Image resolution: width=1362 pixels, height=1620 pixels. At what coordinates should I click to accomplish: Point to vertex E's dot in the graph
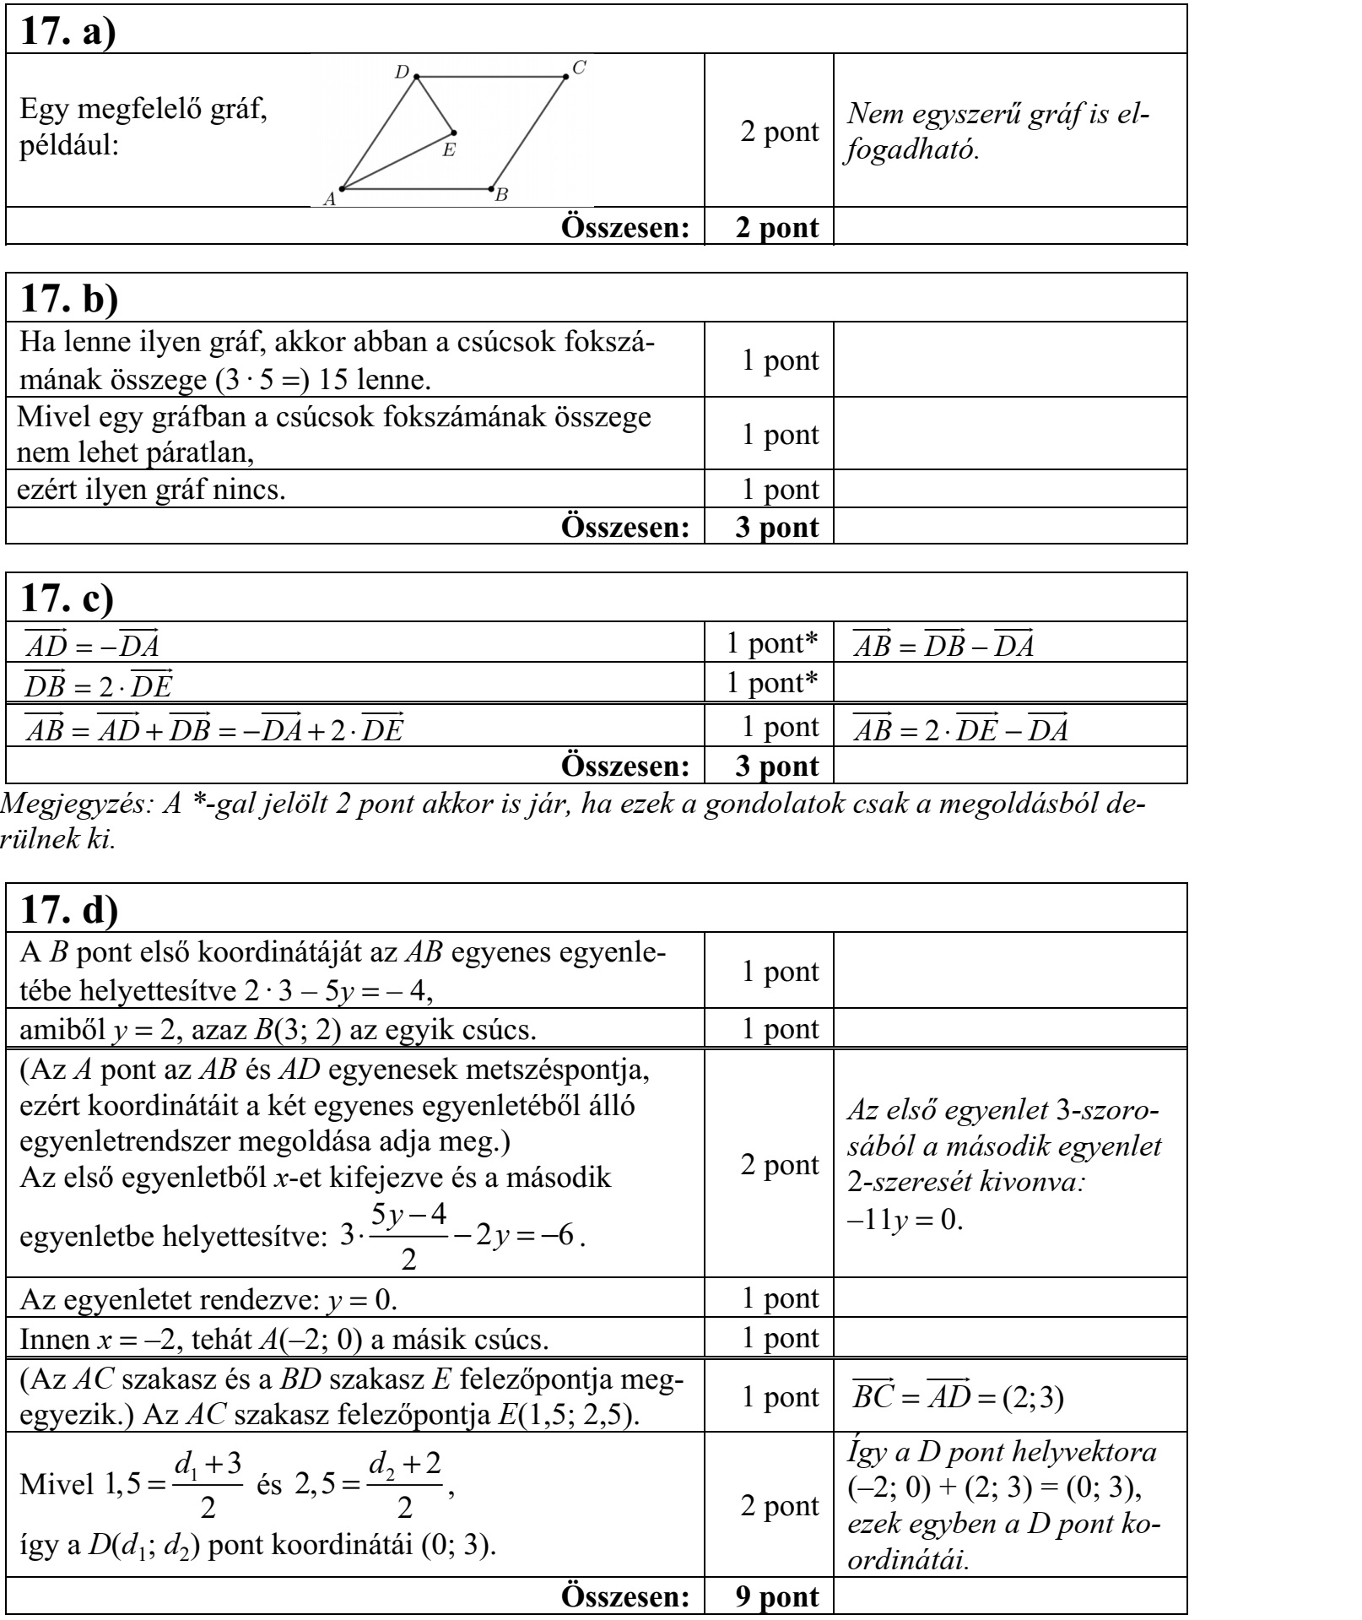(454, 133)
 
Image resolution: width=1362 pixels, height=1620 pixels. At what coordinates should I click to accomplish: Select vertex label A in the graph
(330, 199)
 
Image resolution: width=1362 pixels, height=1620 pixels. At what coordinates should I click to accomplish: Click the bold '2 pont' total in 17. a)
(776, 227)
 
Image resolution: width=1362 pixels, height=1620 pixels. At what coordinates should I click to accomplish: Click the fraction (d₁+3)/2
(208, 1484)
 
